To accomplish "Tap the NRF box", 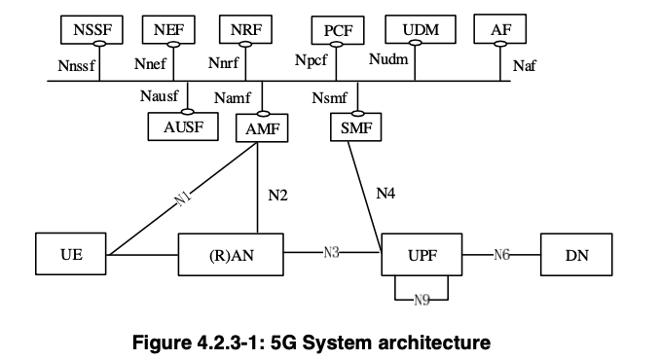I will pos(245,30).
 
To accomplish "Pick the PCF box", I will pos(337,31).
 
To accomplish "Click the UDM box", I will pos(421,30).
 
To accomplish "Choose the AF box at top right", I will pos(500,30).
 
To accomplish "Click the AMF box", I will pos(262,127).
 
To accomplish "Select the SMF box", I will pos(356,127).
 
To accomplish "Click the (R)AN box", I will pos(232,256).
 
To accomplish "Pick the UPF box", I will pos(421,255).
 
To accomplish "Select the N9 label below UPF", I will pos(421,299).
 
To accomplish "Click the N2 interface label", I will pos(277,195).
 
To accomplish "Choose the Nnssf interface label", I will pos(78,66).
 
